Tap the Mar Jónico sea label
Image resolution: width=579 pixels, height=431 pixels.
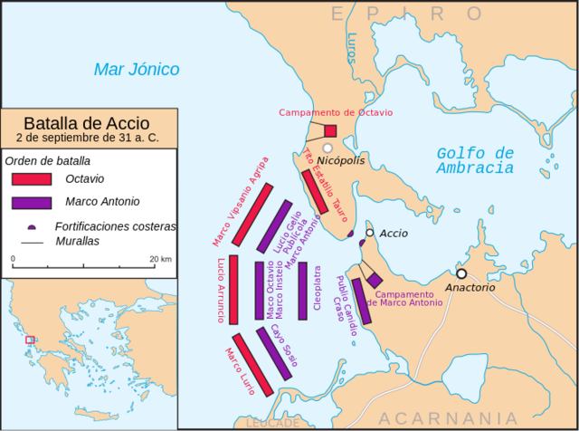click(137, 69)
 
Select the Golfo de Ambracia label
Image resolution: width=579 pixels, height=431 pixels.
click(475, 160)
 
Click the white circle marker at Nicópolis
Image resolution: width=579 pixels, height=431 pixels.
click(327, 148)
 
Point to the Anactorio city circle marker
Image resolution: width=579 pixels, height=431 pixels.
click(461, 273)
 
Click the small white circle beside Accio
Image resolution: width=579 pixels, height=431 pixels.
click(369, 234)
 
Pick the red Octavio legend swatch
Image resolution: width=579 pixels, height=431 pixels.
click(32, 178)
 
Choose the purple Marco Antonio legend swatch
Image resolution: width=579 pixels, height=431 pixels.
click(32, 202)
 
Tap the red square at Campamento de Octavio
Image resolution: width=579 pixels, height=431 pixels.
click(330, 130)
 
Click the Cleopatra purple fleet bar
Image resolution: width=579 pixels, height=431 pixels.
click(303, 291)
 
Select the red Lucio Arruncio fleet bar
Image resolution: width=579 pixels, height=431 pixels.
click(233, 290)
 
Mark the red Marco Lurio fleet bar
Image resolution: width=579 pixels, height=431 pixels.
click(250, 365)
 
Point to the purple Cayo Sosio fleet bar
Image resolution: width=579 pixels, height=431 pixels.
click(274, 354)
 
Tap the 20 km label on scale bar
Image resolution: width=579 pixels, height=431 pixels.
click(160, 259)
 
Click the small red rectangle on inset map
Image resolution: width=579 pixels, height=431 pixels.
click(30, 340)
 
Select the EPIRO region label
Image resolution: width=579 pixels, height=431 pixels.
click(407, 13)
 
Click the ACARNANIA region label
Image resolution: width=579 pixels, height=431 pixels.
click(449, 417)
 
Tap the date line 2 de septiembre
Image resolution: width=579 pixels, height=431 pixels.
click(87, 138)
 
